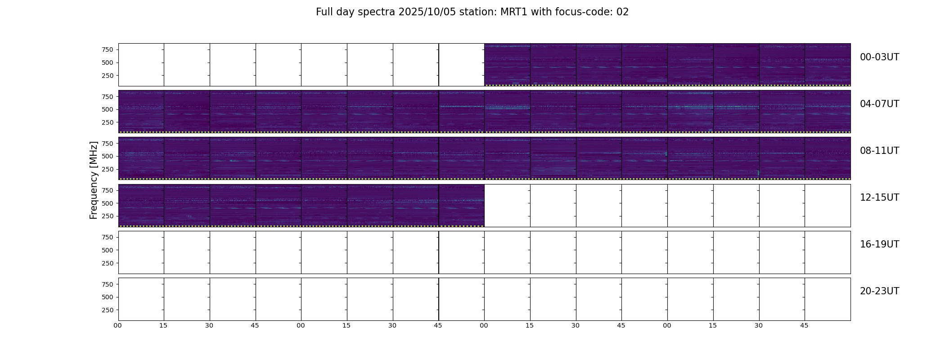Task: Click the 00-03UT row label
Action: (879, 57)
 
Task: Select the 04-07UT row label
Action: (879, 104)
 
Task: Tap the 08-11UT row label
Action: (879, 151)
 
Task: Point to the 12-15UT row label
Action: (879, 198)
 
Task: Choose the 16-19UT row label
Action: (879, 244)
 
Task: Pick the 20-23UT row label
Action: (879, 291)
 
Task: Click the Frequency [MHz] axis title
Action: (94, 180)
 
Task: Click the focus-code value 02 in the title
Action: (622, 12)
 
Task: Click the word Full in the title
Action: (324, 12)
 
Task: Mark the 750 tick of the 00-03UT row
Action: (108, 49)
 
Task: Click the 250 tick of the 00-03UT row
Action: (108, 76)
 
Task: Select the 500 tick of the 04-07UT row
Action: (108, 109)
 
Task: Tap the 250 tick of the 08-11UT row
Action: (108, 169)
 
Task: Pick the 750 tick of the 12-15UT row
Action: (108, 190)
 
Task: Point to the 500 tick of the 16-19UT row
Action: (108, 250)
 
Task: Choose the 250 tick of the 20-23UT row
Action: (108, 310)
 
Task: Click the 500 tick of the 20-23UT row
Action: (108, 297)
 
